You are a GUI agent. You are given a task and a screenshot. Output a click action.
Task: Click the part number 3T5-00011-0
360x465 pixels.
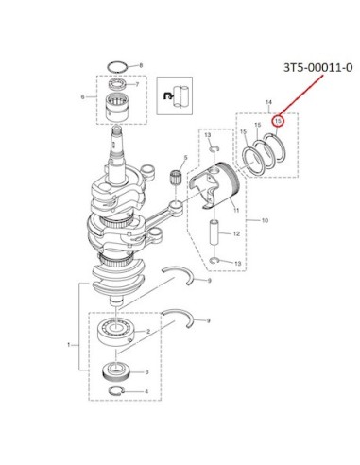pos(317,68)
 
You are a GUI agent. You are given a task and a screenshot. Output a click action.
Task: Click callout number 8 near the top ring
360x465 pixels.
pos(141,65)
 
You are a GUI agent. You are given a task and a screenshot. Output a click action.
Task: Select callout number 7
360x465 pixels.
pos(137,84)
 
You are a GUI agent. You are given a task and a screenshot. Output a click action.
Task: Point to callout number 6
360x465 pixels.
pos(83,96)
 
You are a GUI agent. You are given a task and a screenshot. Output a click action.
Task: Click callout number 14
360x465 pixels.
pos(268,102)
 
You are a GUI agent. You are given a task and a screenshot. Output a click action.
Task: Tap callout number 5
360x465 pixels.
pos(185,158)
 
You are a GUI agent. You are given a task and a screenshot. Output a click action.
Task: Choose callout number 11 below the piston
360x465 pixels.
pos(236,210)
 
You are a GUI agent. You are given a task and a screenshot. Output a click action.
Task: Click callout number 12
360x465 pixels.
pos(236,233)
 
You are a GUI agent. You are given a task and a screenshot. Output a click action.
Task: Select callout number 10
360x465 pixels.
pos(265,220)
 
